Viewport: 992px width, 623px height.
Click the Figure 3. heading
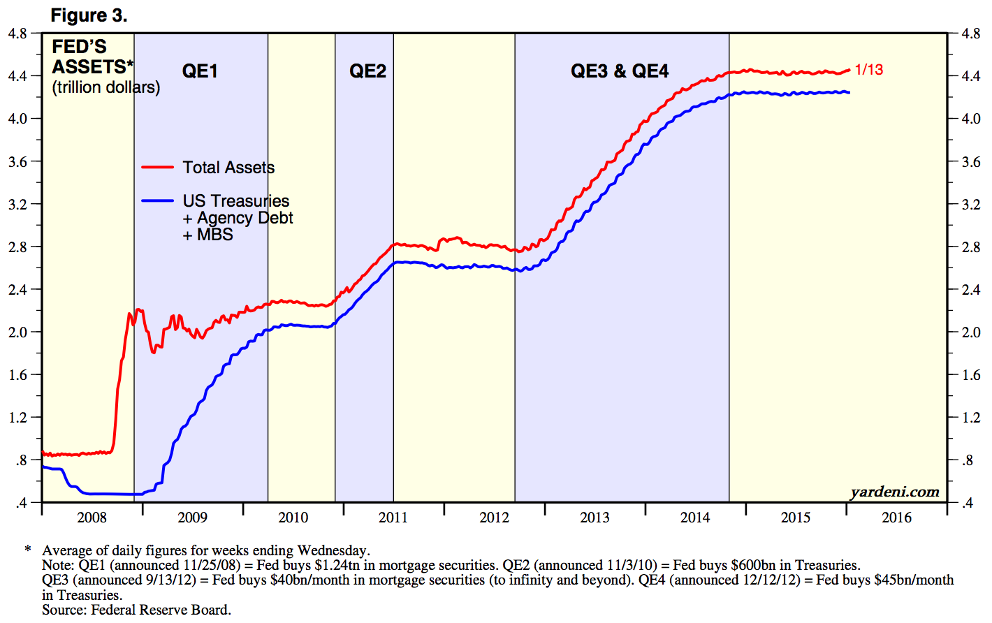coord(89,15)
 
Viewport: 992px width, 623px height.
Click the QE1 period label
coord(200,71)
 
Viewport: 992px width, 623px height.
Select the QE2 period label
coord(367,71)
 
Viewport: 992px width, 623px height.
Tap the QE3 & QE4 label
coord(620,71)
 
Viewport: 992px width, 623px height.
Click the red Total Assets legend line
coord(157,168)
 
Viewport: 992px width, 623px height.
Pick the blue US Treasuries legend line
coord(157,201)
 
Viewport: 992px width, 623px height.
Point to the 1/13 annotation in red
coord(869,70)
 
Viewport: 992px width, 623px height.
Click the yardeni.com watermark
coord(895,492)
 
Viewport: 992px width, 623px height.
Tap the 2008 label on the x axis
coord(92,518)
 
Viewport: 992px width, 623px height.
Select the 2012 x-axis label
coord(494,518)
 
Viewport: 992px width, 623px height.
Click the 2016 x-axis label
coord(896,518)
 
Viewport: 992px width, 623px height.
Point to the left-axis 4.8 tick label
coord(17,34)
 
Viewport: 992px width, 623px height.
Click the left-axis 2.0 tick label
coord(17,332)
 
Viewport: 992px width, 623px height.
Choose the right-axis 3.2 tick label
coord(970,205)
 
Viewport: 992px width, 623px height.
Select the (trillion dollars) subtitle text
coord(106,88)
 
